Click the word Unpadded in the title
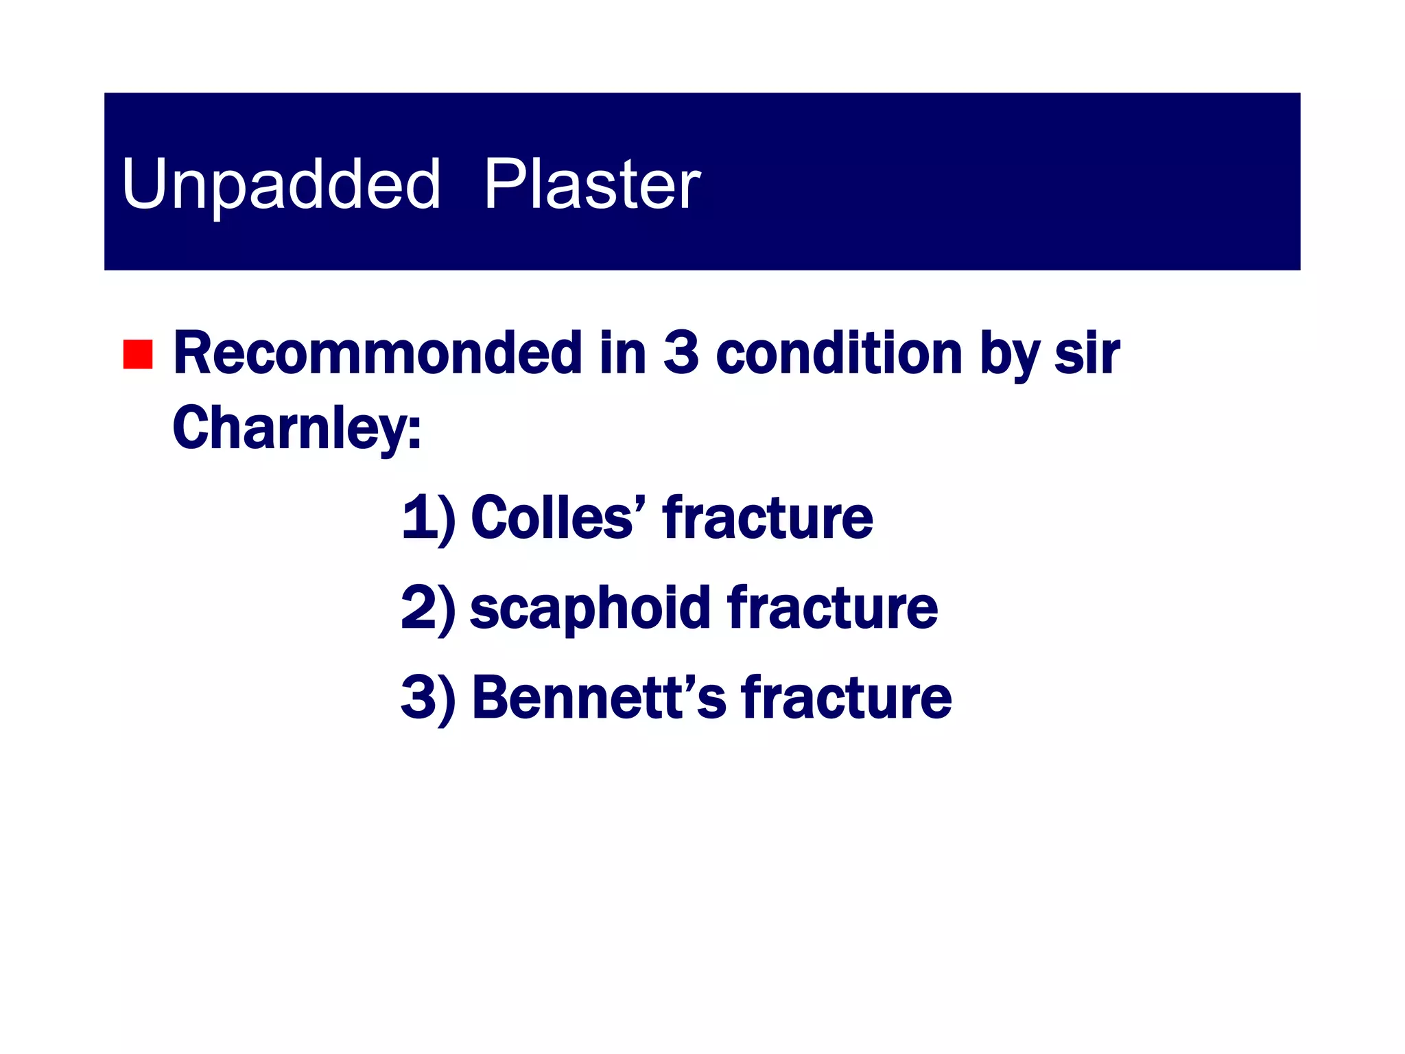281,184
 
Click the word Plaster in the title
591,184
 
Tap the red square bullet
138,354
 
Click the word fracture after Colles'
767,517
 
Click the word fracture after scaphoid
832,608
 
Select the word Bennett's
598,698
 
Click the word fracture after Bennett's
846,698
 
